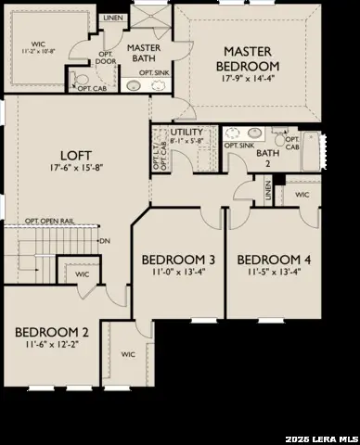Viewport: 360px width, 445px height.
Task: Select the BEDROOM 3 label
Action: coord(167,260)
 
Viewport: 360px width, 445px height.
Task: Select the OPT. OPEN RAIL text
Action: coord(52,221)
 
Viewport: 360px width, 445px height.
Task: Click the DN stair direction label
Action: coord(105,241)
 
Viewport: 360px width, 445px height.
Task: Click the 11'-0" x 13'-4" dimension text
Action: coord(167,273)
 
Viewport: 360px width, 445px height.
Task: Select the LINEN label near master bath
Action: coord(112,17)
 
